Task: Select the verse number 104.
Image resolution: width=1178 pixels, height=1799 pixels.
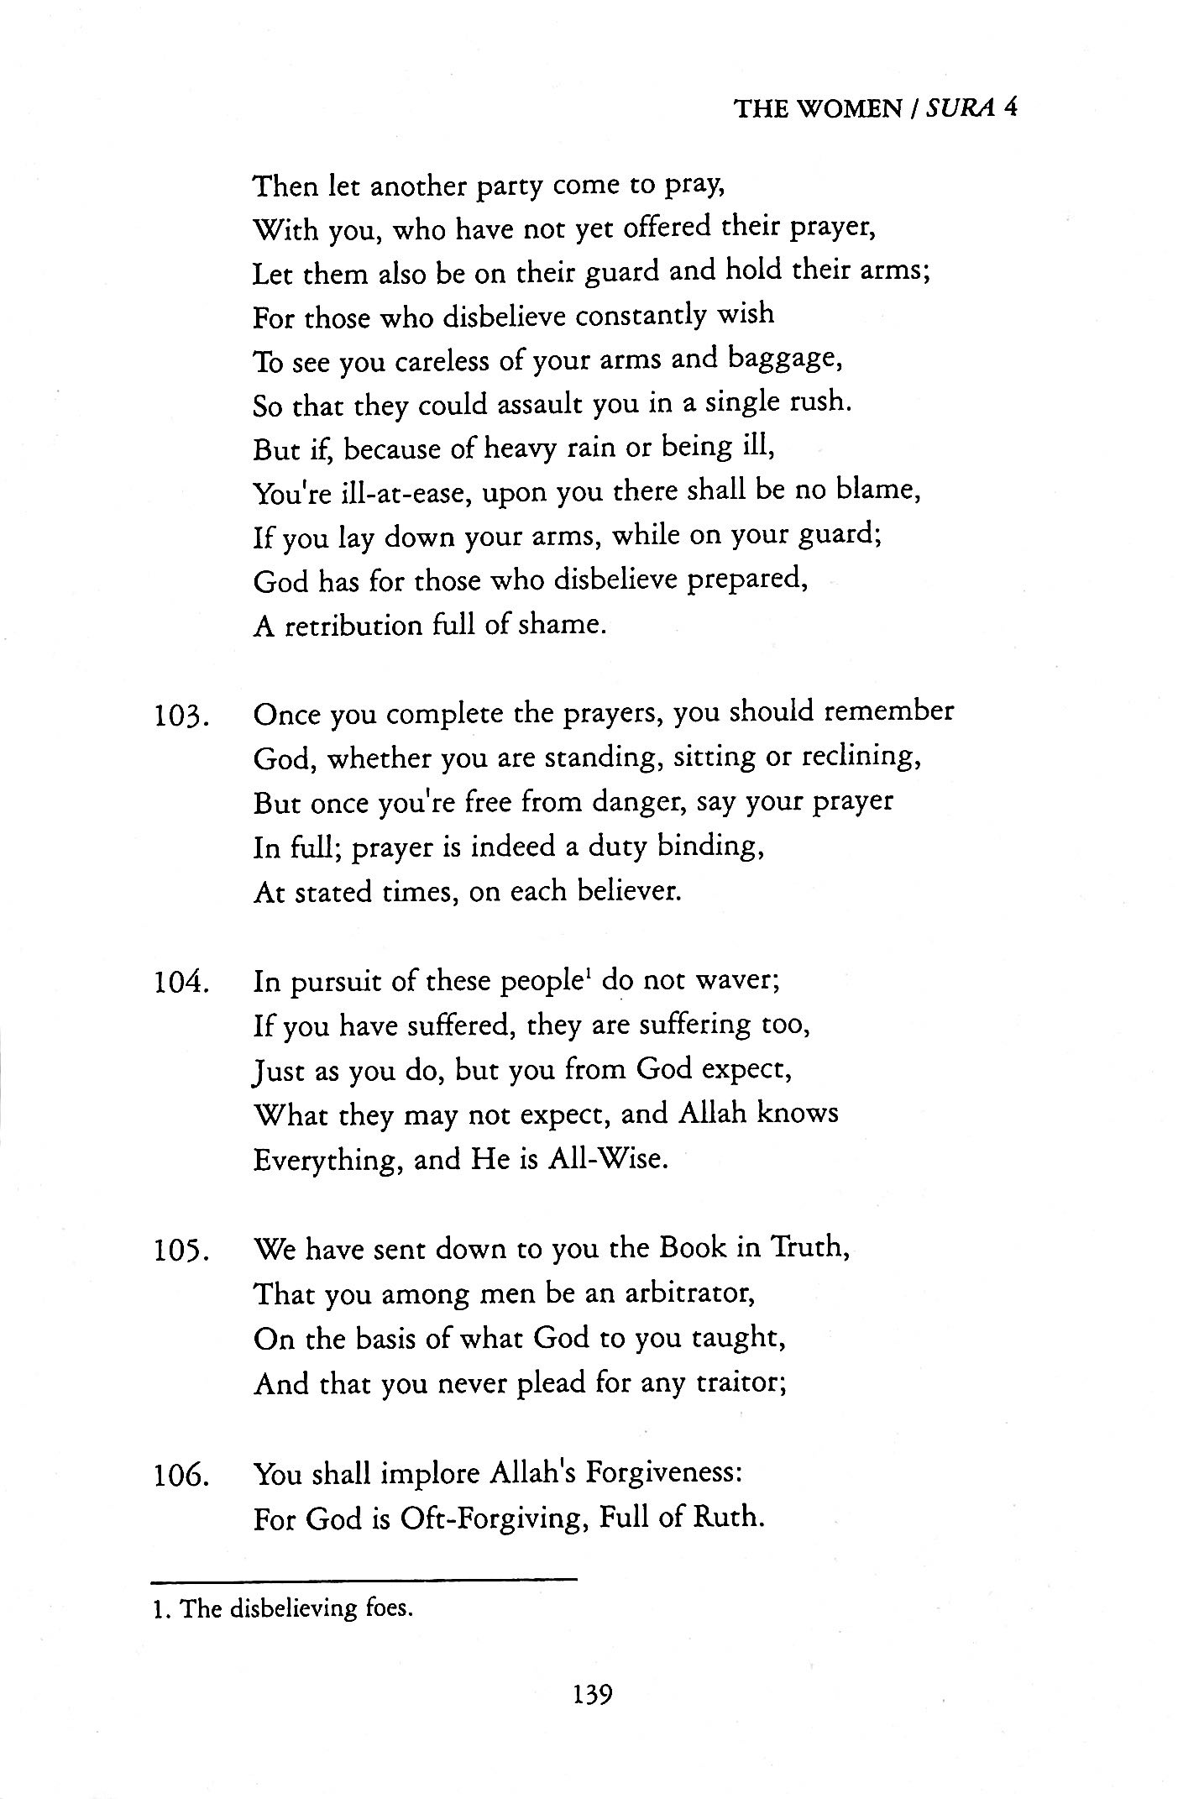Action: (181, 983)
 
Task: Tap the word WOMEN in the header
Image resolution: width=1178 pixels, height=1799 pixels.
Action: (848, 109)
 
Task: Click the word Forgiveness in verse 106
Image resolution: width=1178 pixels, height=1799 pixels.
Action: (663, 1473)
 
